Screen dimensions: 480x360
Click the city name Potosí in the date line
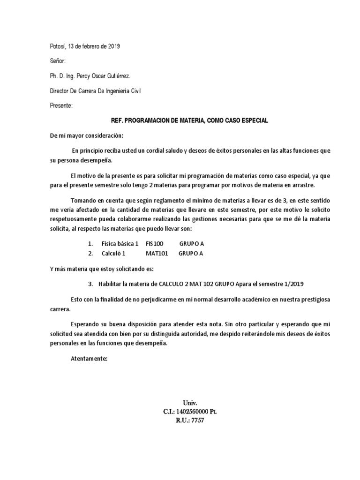(x=58, y=46)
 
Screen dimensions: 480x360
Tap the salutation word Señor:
(x=58, y=61)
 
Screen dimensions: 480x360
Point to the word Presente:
(x=61, y=106)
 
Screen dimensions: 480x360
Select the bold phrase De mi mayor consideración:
(x=86, y=135)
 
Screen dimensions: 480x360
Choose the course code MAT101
(x=157, y=254)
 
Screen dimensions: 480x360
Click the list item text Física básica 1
(x=120, y=244)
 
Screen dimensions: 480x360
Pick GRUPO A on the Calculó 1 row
(x=191, y=254)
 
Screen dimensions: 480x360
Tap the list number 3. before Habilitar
(x=90, y=284)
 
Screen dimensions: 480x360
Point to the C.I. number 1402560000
(x=193, y=411)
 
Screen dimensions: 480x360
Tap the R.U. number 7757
(x=197, y=420)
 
